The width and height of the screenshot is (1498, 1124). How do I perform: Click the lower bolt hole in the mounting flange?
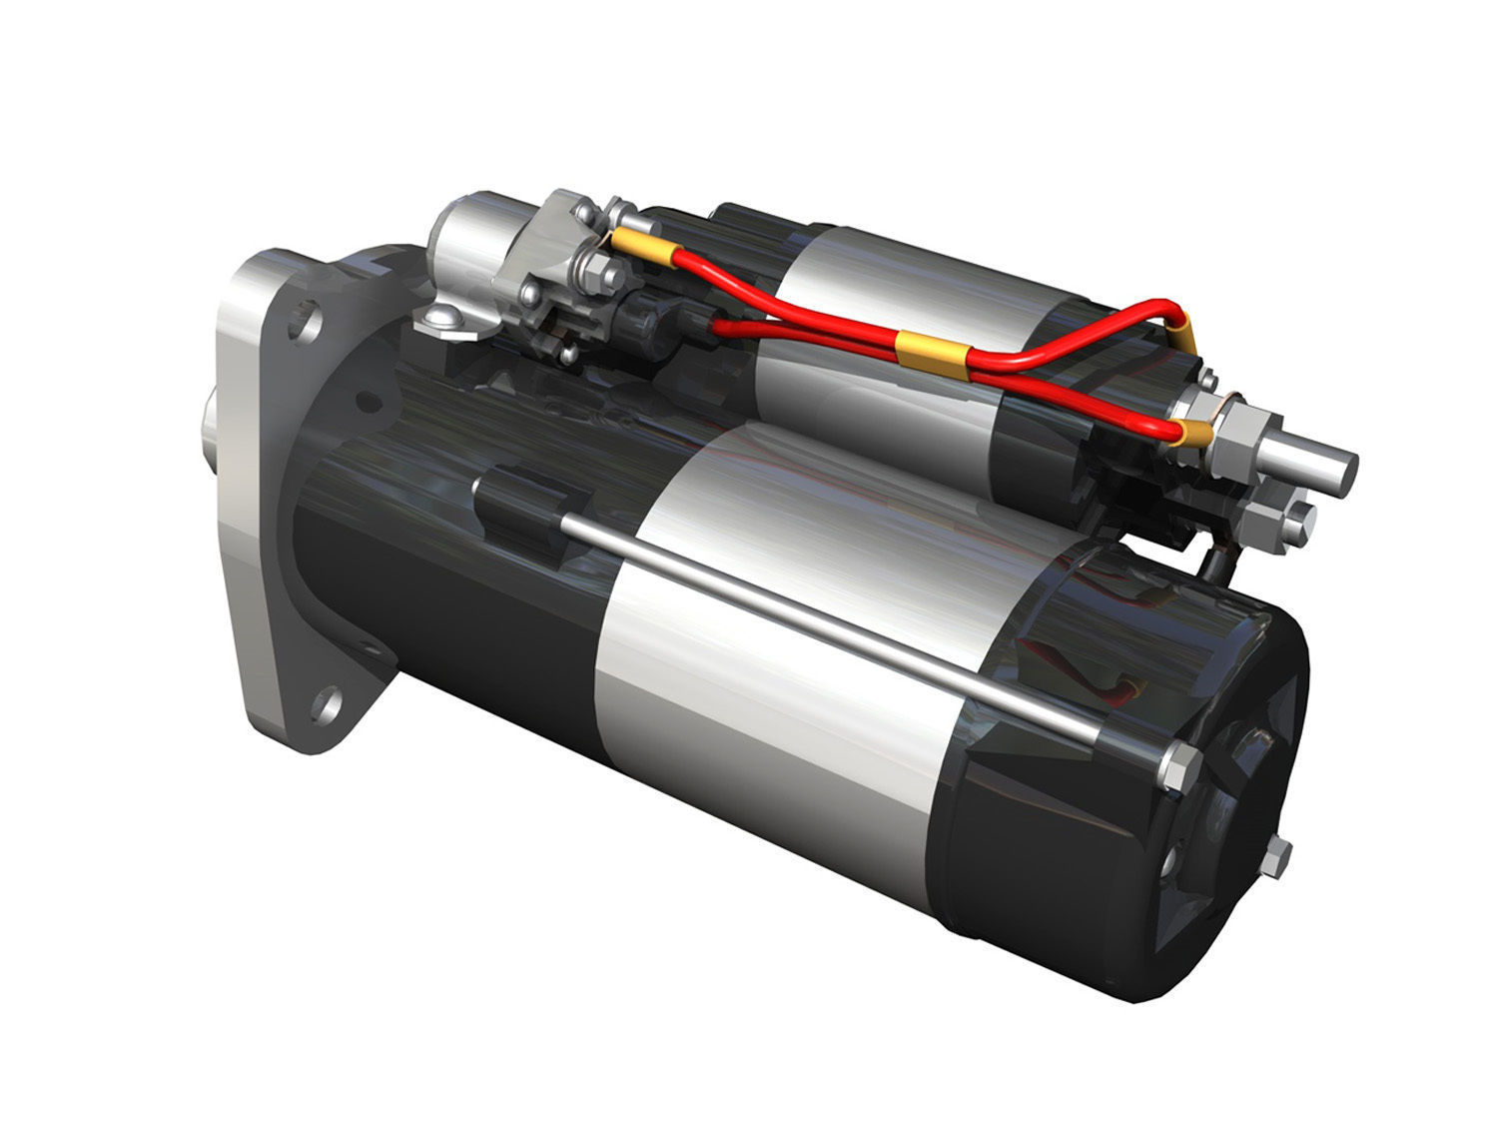322,704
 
